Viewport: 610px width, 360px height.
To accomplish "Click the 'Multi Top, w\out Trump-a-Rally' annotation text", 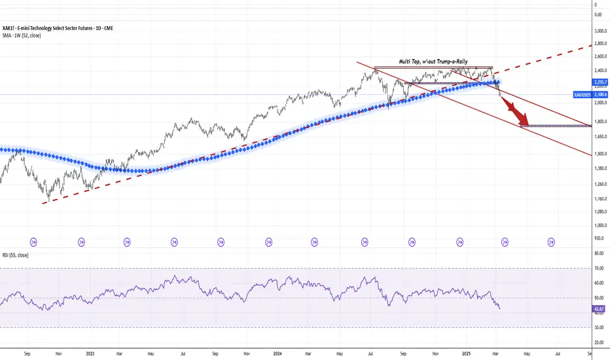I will [x=434, y=62].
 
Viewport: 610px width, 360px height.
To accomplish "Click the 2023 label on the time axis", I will [x=90, y=353].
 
